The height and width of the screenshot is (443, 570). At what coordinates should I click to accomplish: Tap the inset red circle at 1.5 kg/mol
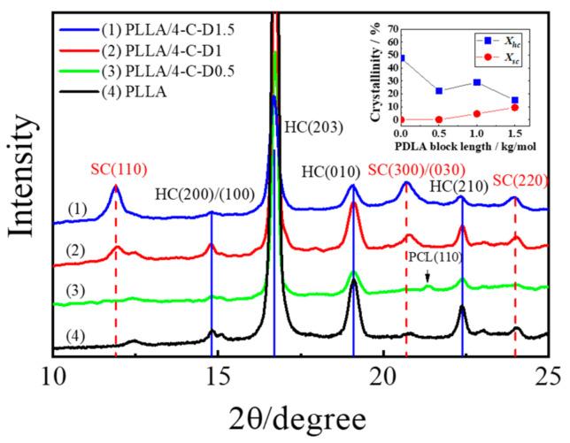(x=515, y=108)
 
